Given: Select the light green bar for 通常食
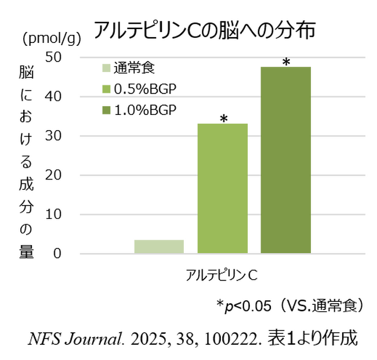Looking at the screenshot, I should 159,246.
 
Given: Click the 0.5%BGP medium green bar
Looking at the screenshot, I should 223,189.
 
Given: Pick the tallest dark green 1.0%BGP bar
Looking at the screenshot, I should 285,160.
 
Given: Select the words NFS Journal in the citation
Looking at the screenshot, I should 68,338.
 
